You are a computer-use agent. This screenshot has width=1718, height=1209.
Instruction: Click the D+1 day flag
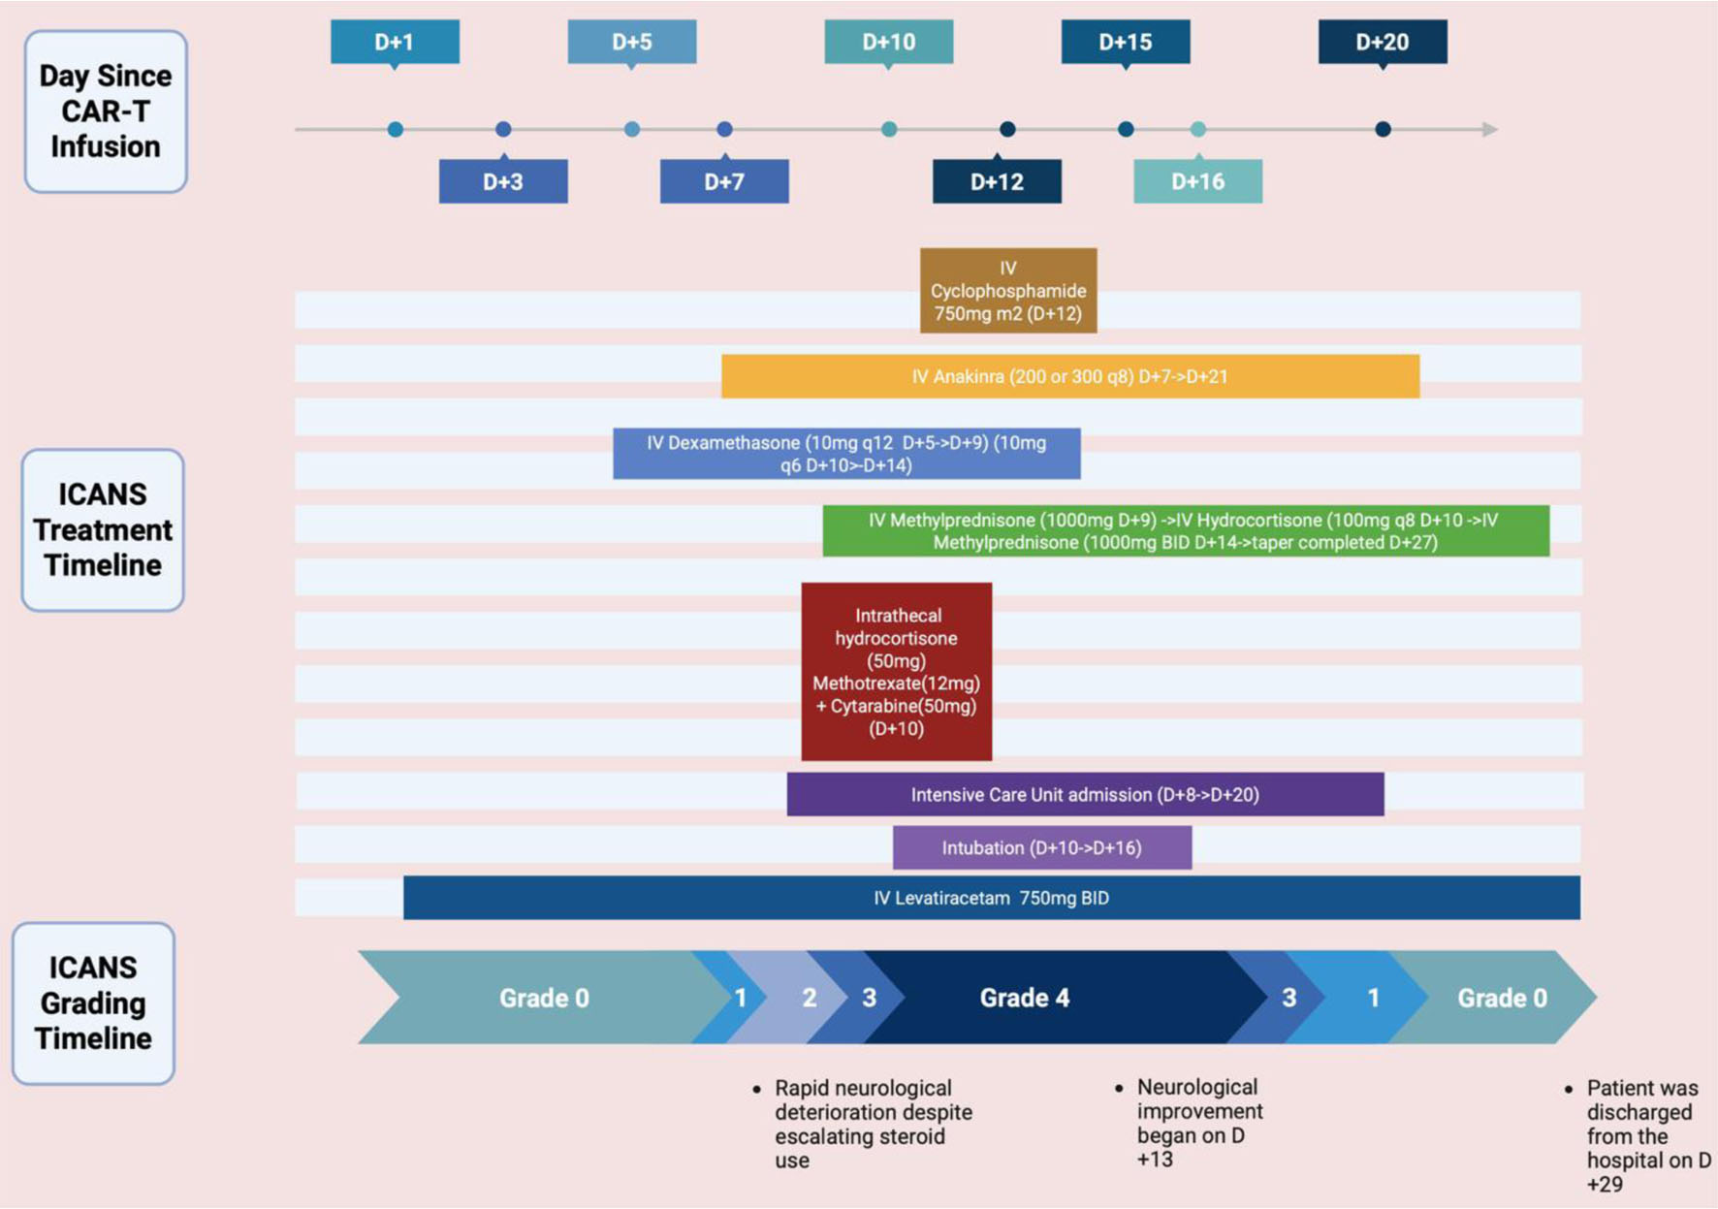(x=395, y=43)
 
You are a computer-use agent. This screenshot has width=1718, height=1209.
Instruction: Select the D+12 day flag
(x=997, y=181)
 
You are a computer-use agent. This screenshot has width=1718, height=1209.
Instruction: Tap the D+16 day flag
(x=1197, y=181)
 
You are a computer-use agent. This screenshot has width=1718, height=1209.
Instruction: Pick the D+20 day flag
(x=1383, y=43)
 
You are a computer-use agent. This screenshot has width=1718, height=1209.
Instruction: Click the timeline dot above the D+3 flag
(x=503, y=129)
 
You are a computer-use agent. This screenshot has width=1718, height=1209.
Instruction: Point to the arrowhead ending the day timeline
(x=1490, y=129)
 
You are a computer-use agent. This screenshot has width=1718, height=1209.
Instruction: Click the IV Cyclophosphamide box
(x=1008, y=291)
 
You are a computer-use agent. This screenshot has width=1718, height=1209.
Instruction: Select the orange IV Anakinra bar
(x=1069, y=376)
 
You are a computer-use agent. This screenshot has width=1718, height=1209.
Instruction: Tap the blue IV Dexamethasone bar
(x=846, y=454)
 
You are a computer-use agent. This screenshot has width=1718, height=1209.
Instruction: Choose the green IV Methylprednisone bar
(x=1185, y=531)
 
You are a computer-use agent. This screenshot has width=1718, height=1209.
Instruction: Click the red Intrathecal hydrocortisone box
(x=896, y=671)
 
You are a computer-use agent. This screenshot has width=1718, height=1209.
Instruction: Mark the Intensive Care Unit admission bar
(x=1085, y=795)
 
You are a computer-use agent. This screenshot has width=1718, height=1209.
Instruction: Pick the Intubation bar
(x=1041, y=848)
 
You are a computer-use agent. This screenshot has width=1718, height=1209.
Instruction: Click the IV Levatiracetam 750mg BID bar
(x=991, y=898)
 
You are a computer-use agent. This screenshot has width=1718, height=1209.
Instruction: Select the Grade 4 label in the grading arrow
(x=1025, y=998)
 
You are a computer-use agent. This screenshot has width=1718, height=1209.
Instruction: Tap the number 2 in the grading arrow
(x=810, y=998)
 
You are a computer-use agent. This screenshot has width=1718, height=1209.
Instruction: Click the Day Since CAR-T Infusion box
(x=106, y=111)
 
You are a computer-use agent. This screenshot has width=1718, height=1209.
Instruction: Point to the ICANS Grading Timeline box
(x=93, y=1003)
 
